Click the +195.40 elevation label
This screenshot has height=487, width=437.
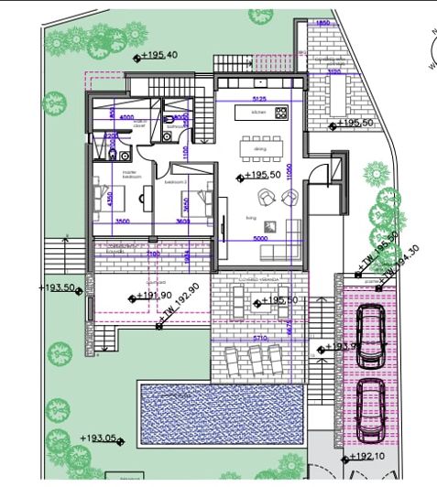(161, 56)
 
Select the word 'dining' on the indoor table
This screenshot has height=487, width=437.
(259, 146)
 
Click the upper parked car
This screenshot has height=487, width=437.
(371, 335)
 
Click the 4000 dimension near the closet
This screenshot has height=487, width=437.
(126, 118)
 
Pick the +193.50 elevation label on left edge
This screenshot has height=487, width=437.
(57, 287)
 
